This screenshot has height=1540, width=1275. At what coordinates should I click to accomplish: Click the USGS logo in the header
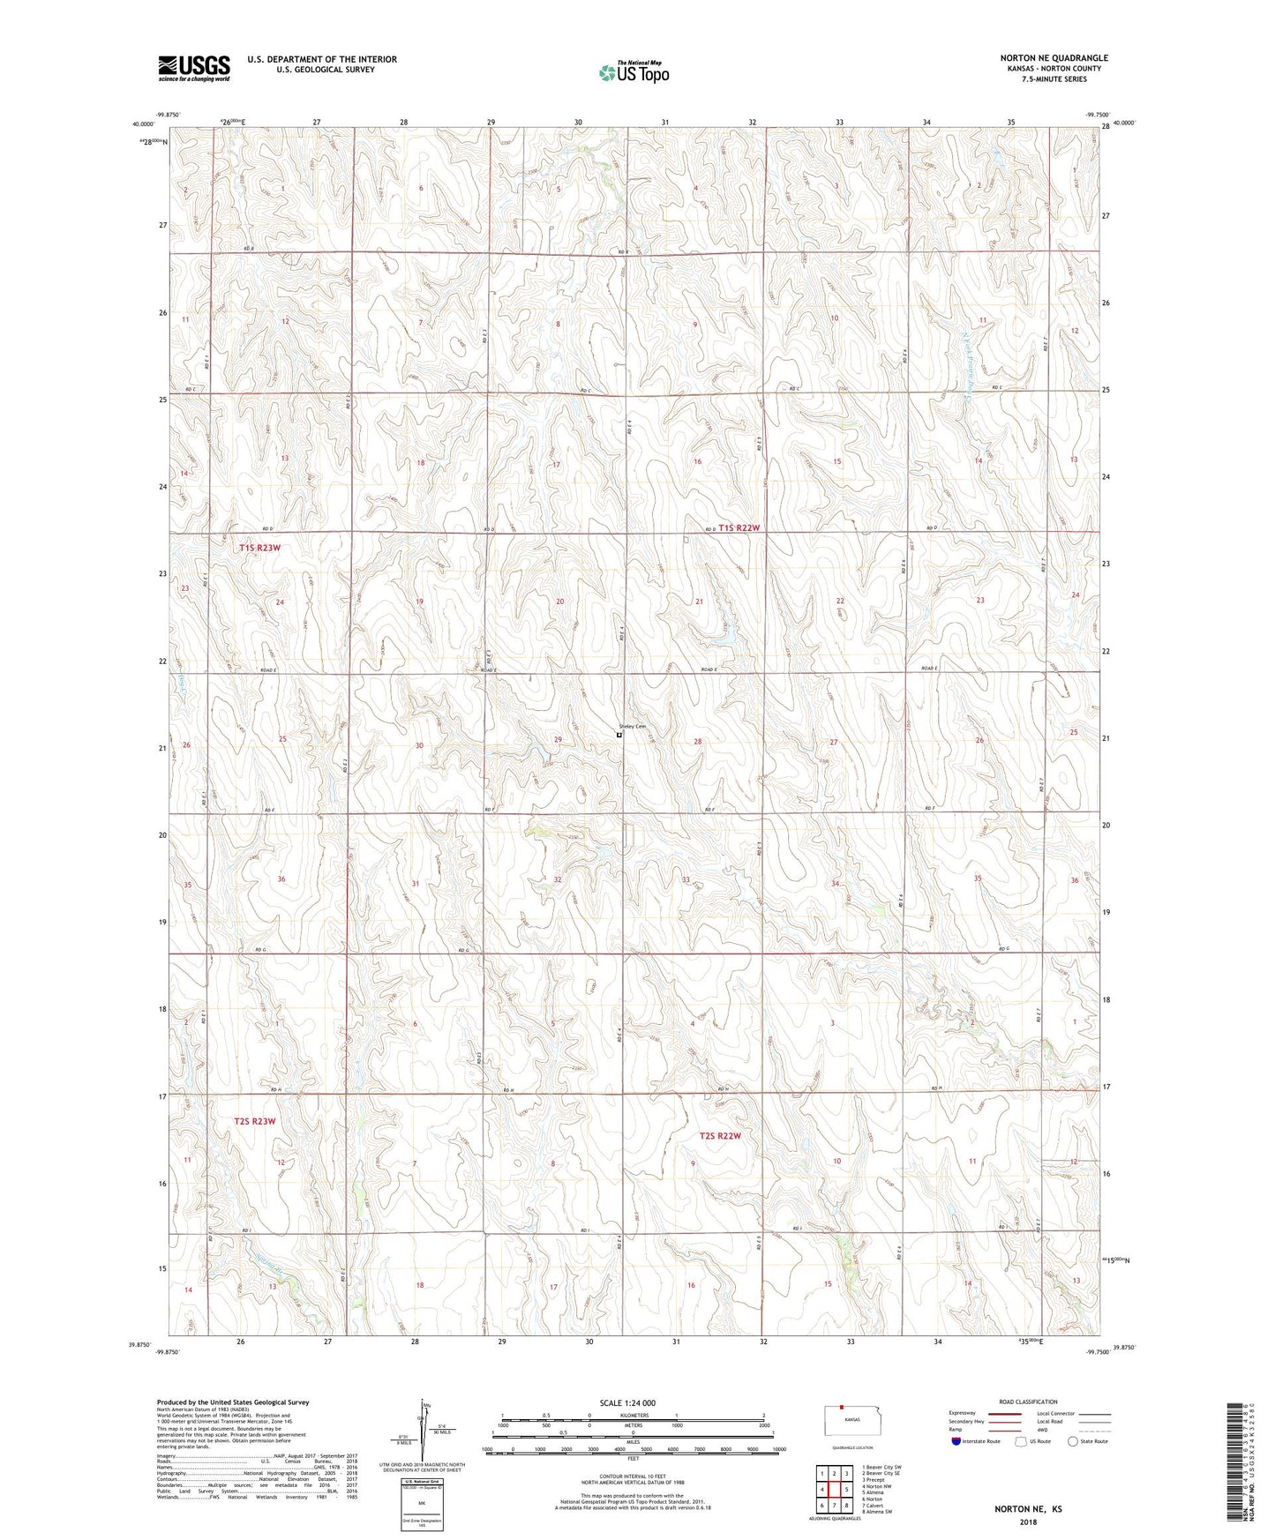pyautogui.click(x=193, y=67)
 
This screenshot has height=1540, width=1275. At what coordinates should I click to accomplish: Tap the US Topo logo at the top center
pyautogui.click(x=633, y=71)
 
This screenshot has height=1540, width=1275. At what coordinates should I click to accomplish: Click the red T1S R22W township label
pyautogui.click(x=739, y=527)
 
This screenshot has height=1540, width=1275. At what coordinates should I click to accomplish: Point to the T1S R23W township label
pyautogui.click(x=259, y=548)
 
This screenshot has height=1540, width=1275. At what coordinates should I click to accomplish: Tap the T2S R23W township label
pyautogui.click(x=254, y=1121)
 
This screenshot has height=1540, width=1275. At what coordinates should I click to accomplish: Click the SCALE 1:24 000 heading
pyautogui.click(x=627, y=1403)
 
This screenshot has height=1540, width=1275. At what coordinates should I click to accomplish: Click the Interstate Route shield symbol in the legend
pyautogui.click(x=956, y=1441)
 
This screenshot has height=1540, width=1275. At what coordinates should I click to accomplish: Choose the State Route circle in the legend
pyautogui.click(x=1073, y=1441)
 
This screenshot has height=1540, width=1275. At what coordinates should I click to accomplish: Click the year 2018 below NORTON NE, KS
pyautogui.click(x=1028, y=1521)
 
